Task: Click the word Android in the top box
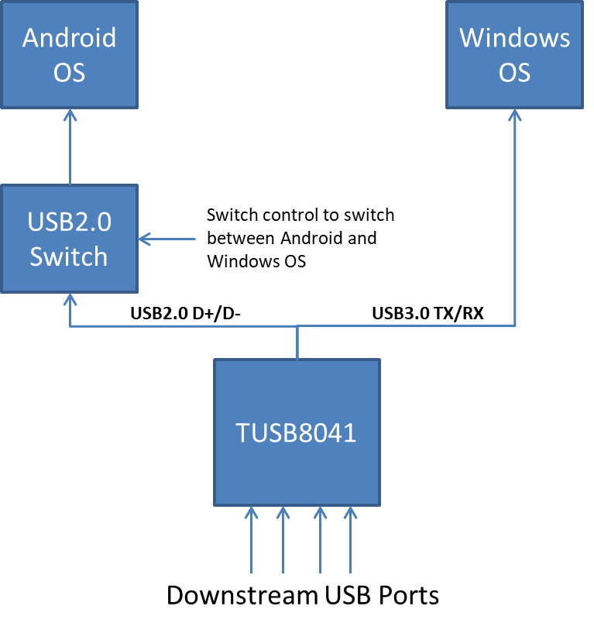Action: (x=69, y=37)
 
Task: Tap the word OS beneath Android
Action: (x=69, y=73)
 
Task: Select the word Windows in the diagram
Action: (x=514, y=37)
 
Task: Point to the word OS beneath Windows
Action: (x=514, y=73)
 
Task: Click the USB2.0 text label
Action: (x=69, y=222)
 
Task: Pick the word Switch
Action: (x=69, y=256)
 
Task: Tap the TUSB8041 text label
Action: (x=297, y=433)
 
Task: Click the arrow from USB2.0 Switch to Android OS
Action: (x=70, y=147)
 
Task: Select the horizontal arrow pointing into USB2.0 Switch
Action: (x=167, y=239)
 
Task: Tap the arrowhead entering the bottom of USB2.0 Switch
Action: (x=70, y=299)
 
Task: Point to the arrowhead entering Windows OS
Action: (x=515, y=115)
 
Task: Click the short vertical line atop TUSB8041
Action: (x=297, y=343)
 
